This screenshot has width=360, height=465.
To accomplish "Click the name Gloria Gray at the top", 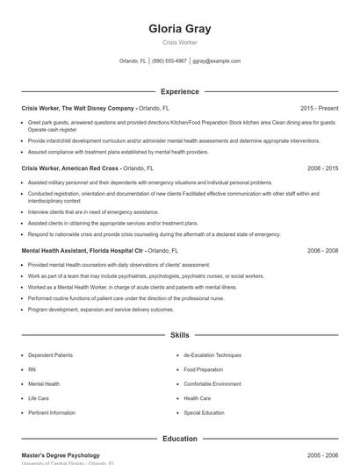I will (180, 28).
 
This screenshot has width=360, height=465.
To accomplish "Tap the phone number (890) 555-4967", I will (169, 61).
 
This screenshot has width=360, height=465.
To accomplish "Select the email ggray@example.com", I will (216, 61).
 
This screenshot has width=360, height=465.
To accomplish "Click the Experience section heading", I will (180, 91).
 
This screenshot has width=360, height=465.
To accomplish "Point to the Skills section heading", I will (180, 335).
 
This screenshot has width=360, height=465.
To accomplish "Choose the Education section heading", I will (180, 439).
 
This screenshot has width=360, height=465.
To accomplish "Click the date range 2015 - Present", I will (319, 108).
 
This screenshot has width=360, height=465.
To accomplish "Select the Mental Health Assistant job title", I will (83, 251).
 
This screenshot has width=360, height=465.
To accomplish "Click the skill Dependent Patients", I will (52, 355).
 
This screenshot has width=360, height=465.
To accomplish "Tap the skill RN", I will (32, 369).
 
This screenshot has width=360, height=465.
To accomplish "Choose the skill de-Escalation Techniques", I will (212, 355).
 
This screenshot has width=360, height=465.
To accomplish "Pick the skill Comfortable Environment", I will (212, 384).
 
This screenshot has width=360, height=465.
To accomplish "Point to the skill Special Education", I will (205, 412).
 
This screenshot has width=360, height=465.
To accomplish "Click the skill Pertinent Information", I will (52, 412).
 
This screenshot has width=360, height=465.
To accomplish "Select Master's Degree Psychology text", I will (61, 456).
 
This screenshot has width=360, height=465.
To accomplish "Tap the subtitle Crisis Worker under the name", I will (180, 42).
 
